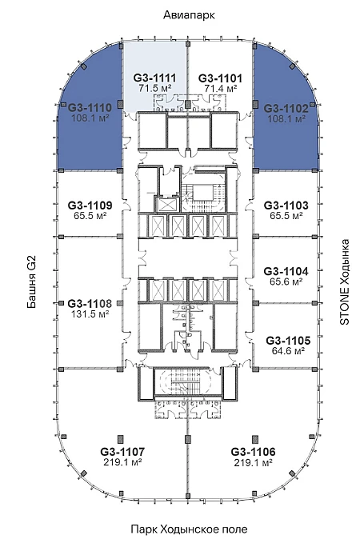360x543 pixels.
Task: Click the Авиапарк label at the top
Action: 189,15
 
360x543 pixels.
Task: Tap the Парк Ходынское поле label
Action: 189,529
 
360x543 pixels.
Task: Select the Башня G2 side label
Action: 31,282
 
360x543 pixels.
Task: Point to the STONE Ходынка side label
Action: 345,281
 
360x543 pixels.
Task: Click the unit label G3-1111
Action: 155,78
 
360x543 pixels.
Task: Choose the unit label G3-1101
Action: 220,78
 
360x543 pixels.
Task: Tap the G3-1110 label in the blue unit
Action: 90,107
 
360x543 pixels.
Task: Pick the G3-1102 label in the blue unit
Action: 286,109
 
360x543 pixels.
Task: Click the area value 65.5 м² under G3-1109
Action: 90,216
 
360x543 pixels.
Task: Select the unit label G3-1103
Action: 286,206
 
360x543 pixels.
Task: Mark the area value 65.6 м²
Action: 286,281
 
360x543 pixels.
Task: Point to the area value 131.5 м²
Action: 90,314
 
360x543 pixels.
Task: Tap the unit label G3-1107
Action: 122,452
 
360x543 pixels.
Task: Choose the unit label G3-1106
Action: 253,452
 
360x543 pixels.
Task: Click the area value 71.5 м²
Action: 155,88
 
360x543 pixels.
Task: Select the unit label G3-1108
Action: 90,304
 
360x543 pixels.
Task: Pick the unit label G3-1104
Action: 286,271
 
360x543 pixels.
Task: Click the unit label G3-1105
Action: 288,341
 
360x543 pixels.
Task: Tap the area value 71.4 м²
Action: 220,88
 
